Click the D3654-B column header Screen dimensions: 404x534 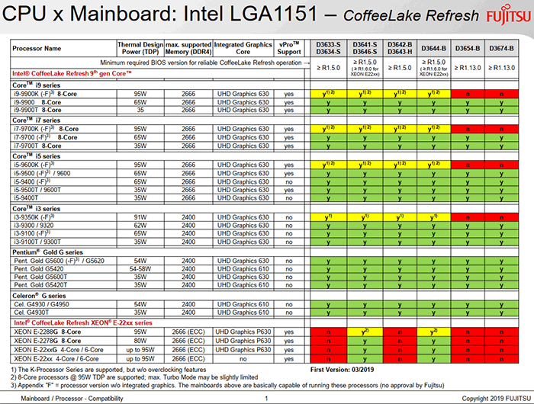pyautogui.click(x=466, y=46)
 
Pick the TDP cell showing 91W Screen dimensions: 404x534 pyautogui.click(x=140, y=218)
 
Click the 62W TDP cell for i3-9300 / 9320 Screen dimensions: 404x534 pyautogui.click(x=140, y=226)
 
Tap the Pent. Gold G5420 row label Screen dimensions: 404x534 pyautogui.click(x=40, y=268)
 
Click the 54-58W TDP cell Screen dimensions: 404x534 pyautogui.click(x=140, y=268)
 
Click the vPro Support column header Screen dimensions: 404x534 pyautogui.click(x=288, y=46)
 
